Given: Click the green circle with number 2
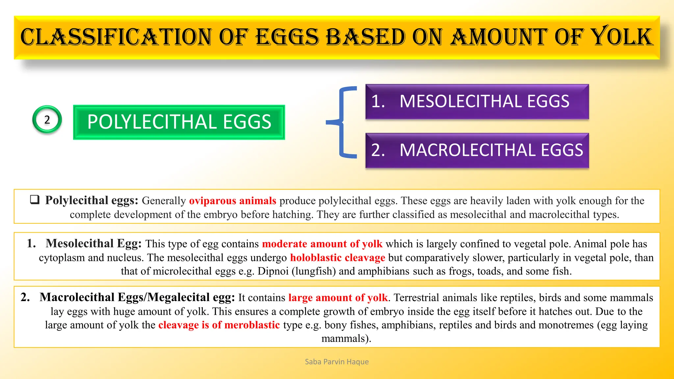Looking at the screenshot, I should click(47, 119).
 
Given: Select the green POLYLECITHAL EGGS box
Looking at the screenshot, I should click(179, 122).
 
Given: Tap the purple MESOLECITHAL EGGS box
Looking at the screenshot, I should click(477, 101).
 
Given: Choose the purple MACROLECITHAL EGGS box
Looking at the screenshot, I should click(477, 150).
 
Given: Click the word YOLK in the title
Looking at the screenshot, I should click(621, 37).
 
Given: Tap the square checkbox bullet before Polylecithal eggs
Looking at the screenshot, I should click(35, 200).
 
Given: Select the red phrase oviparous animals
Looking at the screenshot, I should click(232, 201).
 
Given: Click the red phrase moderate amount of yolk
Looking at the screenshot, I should click(322, 244).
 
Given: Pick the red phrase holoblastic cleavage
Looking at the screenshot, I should click(337, 258).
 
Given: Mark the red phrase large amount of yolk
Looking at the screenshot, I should click(338, 298).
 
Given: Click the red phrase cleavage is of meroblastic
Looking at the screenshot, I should click(219, 325).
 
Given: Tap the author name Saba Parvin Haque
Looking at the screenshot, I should click(337, 362).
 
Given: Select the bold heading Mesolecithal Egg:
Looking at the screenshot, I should click(93, 244).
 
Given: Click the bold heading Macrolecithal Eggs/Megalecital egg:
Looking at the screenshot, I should click(137, 297).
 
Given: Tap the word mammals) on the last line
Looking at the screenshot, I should click(346, 339).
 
